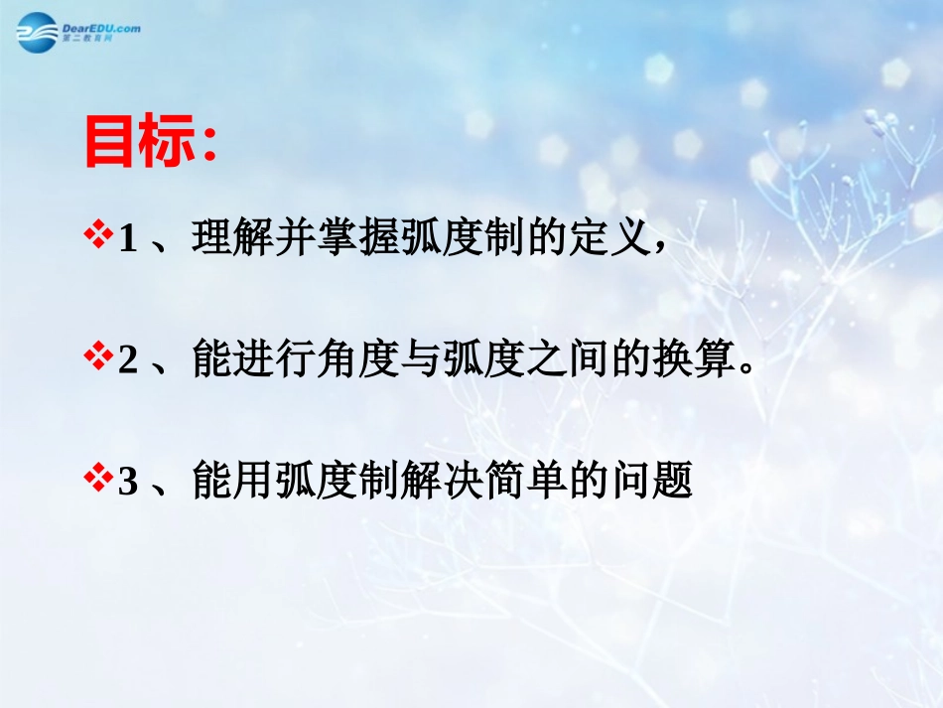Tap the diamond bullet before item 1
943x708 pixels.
coord(98,238)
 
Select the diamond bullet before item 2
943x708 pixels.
coord(98,360)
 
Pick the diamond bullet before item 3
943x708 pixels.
coord(98,482)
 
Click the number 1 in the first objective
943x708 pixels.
coord(127,241)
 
